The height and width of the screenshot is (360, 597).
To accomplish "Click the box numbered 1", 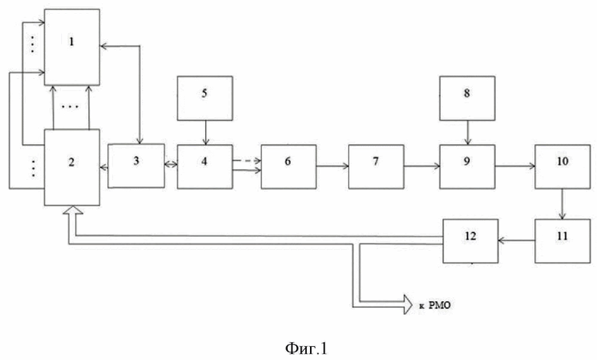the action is (72, 47).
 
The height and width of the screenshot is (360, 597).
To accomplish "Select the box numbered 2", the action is (72, 167).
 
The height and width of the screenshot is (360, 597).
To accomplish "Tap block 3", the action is (136, 165).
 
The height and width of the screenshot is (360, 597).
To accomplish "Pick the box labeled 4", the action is (205, 166).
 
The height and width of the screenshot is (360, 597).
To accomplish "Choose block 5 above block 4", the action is (205, 98).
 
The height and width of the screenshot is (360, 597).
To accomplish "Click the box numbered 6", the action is (289, 166).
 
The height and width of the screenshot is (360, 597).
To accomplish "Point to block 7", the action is (376, 166).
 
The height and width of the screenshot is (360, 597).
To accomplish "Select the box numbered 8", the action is (468, 98).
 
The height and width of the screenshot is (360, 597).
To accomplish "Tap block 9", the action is (468, 166).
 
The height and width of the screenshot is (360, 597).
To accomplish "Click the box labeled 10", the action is (563, 166).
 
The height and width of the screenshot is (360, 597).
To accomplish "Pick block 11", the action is (563, 241).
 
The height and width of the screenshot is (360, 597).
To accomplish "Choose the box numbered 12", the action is (471, 241).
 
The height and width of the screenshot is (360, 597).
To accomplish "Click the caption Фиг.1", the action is (305, 349).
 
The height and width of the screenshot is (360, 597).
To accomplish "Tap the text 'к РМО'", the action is (435, 305).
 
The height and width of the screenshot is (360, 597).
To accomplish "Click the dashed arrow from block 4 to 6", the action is (246, 161).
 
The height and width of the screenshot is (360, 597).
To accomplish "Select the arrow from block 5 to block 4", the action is (206, 133).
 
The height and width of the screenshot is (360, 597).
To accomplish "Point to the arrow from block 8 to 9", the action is (468, 133).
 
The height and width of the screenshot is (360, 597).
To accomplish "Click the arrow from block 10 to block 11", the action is (563, 204).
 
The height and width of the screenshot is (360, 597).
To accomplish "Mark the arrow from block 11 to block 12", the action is (517, 241).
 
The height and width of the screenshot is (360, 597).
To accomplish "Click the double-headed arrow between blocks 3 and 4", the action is (171, 164).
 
